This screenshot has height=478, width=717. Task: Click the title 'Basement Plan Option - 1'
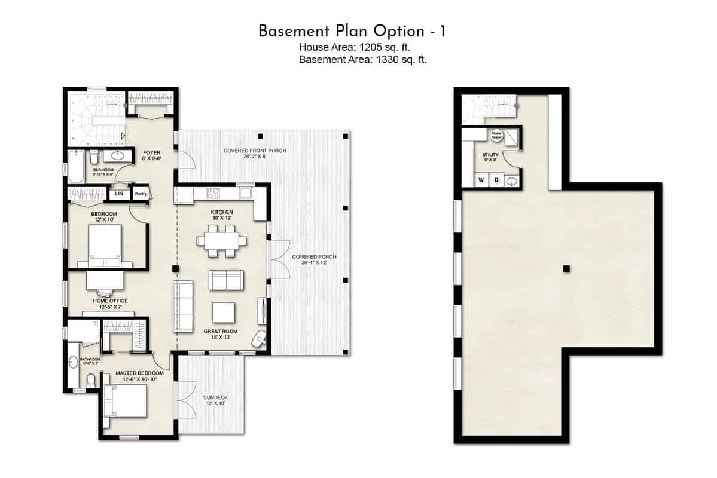[352, 31]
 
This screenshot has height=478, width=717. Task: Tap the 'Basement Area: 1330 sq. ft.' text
[362, 59]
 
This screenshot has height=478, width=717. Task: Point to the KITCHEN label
[222, 212]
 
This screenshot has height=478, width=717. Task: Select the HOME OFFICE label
[110, 301]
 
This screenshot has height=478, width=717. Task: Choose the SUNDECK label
[215, 397]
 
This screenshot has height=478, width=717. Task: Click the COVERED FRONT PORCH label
[255, 151]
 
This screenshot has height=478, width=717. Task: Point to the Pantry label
[141, 194]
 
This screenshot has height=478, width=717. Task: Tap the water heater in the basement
[496, 136]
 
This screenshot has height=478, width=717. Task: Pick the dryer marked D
[496, 180]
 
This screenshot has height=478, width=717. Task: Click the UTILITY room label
[490, 155]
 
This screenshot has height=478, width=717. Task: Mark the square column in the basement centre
[566, 269]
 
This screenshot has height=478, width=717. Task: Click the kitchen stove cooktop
[213, 193]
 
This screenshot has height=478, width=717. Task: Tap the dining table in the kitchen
[221, 241]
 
